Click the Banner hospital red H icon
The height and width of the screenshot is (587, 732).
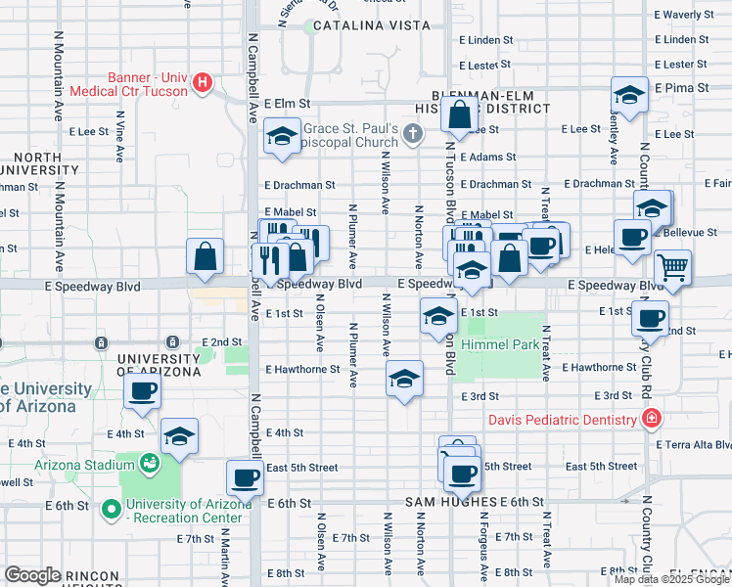[204, 81]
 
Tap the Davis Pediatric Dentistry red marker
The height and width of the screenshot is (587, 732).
[650, 420]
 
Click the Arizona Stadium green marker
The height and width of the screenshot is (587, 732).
[150, 462]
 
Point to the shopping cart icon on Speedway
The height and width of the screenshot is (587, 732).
[672, 266]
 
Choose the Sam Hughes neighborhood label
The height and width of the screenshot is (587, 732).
[452, 502]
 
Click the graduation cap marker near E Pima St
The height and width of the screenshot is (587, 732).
[629, 95]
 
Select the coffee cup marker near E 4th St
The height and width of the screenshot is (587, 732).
[143, 392]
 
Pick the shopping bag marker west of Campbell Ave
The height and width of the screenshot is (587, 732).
[206, 257]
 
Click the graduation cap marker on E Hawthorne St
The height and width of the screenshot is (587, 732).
[404, 378]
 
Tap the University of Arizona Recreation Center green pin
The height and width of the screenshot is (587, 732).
[113, 508]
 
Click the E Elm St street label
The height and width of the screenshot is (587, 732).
[286, 103]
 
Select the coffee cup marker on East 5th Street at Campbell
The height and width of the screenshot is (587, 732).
[245, 477]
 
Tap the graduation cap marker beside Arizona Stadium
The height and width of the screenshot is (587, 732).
[179, 436]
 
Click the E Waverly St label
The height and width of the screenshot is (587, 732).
[685, 15]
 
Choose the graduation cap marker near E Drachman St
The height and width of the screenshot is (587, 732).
[282, 138]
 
